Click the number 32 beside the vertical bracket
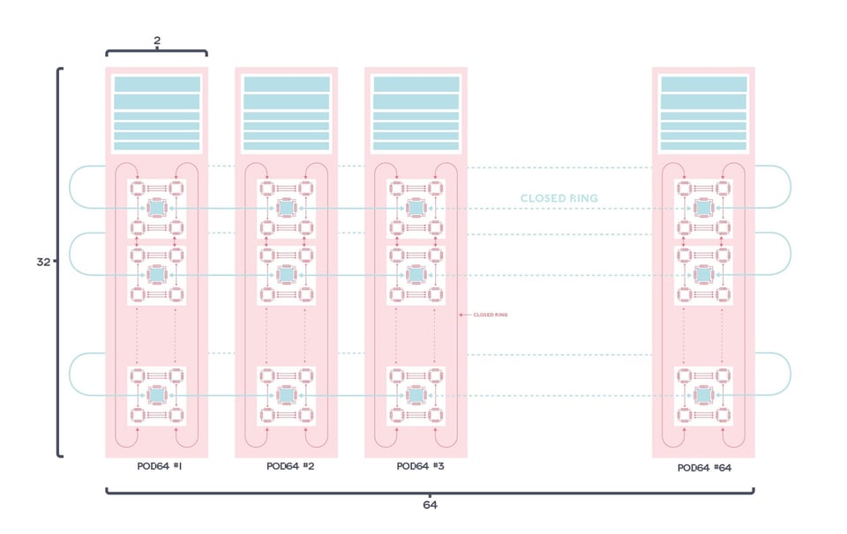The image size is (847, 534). pos(43,262)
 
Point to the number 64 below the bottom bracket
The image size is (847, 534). pos(430,505)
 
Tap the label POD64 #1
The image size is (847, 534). pos(160,466)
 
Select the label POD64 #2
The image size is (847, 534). pos(290,466)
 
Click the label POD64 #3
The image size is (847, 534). pos(420,466)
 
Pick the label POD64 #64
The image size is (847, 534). pos(704,468)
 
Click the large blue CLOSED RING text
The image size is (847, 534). pos(558,198)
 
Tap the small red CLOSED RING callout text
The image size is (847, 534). pos(490,315)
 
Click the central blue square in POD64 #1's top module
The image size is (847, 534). pos(156,208)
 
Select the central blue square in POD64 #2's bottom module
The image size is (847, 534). pos(286,396)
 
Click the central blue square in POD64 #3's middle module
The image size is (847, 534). pos(416,275)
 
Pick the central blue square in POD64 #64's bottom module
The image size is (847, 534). pos(703,396)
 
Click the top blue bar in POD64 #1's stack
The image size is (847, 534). pos(157,84)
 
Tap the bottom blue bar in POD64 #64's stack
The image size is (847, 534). pos(704,147)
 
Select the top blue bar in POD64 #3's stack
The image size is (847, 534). pos(416,84)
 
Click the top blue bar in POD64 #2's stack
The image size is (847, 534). pos(287,84)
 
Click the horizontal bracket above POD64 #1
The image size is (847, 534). pos(157,52)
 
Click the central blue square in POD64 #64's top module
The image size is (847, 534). pos(703,208)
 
